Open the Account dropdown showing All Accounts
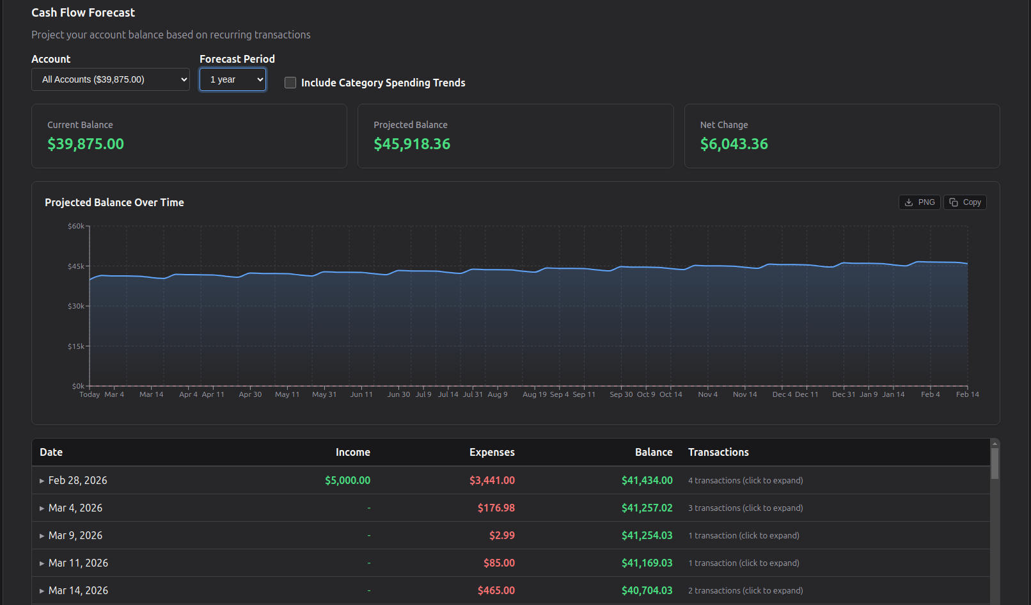(x=110, y=79)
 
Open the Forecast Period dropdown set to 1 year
(x=232, y=79)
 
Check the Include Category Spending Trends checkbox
(x=290, y=83)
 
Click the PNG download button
(x=919, y=202)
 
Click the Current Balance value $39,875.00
(x=86, y=144)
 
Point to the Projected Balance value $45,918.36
(x=412, y=144)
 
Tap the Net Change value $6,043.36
(x=734, y=144)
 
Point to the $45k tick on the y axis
(x=76, y=266)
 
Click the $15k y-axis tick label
(x=76, y=346)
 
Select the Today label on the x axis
(x=90, y=394)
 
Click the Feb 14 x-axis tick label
(x=967, y=394)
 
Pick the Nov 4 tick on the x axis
(x=707, y=394)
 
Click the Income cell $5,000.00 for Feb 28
(x=347, y=480)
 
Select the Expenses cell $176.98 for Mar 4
(x=496, y=508)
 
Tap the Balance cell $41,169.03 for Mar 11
(x=647, y=563)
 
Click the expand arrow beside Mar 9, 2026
(x=42, y=536)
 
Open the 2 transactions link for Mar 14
(x=745, y=590)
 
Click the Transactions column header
(x=718, y=452)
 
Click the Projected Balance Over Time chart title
(x=114, y=202)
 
